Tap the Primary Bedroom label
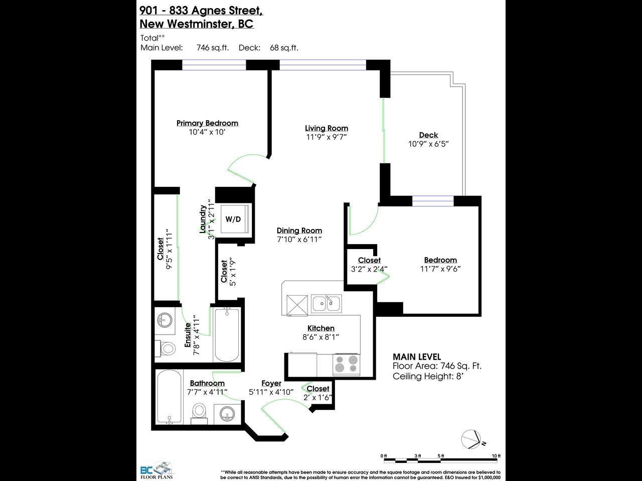[207, 123]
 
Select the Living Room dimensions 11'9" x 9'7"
[327, 137]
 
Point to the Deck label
[428, 135]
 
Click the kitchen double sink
[326, 304]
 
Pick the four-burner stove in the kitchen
[346, 364]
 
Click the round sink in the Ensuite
[165, 320]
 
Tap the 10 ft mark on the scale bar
[496, 456]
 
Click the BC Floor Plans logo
[157, 470]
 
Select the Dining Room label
[299, 230]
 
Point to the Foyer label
[271, 383]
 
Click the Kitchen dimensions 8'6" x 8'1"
[320, 337]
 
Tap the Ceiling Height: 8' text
[428, 376]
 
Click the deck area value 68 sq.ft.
[284, 48]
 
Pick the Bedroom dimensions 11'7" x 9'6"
[440, 269]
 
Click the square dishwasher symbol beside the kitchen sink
[297, 306]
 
